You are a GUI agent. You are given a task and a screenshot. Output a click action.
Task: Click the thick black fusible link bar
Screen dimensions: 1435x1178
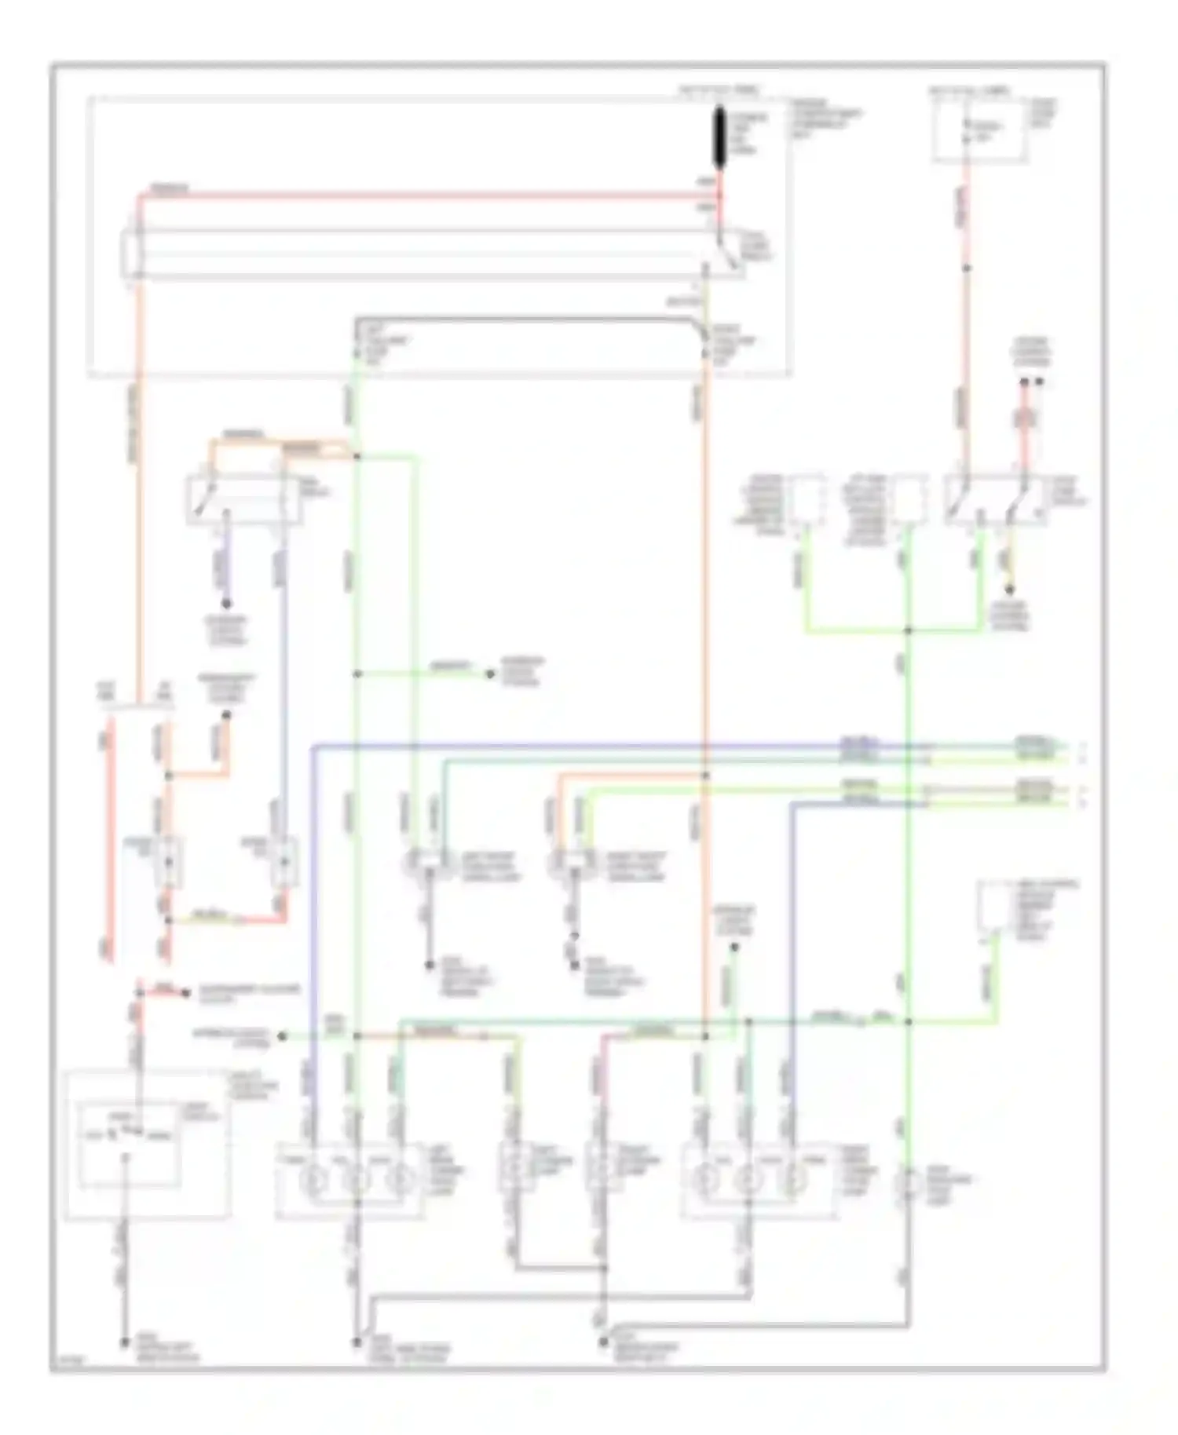coord(719,138)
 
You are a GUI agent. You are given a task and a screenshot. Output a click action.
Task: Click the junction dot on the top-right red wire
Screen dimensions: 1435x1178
coord(967,268)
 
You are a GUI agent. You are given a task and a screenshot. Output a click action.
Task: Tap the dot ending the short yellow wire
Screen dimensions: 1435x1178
coord(1010,590)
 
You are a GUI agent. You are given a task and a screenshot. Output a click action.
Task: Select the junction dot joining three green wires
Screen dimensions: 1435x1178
coord(908,630)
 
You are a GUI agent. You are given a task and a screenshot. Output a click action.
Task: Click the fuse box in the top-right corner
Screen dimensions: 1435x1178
coord(979,130)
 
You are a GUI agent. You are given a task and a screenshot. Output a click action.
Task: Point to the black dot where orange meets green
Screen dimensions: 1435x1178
coord(357,456)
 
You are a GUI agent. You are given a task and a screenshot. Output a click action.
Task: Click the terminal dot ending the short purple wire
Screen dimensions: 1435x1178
coord(225,604)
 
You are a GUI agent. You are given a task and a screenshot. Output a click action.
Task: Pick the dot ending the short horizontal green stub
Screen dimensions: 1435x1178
coord(490,674)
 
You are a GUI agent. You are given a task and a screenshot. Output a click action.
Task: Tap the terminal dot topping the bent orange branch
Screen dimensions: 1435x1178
coord(226,715)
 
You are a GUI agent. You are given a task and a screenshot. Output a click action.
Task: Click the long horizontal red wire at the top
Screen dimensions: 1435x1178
coord(424,195)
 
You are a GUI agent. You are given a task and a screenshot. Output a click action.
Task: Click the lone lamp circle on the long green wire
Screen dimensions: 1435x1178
coord(908,1184)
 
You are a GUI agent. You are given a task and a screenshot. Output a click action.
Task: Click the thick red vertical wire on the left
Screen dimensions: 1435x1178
coord(108,840)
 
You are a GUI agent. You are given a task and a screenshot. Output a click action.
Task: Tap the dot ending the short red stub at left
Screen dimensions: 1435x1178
coord(186,993)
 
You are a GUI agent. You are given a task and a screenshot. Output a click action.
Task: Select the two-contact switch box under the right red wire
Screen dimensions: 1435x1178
coord(994,498)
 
